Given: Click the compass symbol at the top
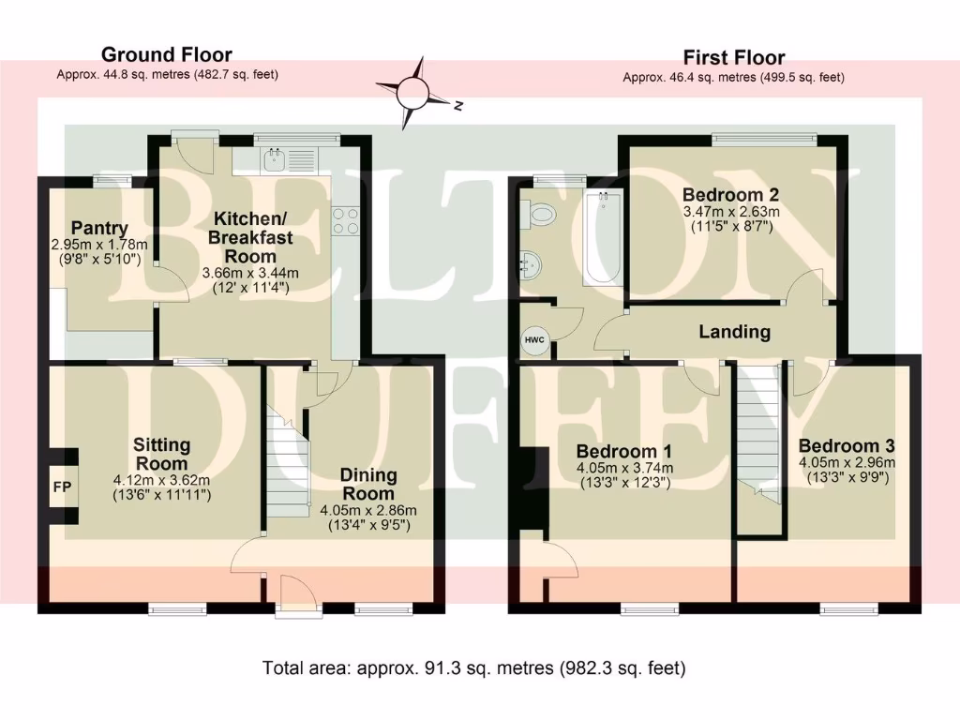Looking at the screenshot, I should coord(414,93).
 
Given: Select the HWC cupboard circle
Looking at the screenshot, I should coord(534,339).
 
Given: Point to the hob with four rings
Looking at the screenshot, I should coord(344,219).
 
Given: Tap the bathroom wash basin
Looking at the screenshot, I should coord(530,265).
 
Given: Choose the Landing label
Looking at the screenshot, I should coord(735,331).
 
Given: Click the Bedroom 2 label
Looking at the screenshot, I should coord(731,195).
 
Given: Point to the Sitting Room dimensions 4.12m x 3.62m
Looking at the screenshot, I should coord(161,480).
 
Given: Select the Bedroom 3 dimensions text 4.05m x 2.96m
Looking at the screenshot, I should coord(847,462).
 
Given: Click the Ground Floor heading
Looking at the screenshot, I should coord(166,54).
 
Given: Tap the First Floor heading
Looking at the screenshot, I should coord(733,57).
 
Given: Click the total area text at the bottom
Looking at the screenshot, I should coord(474,668).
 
